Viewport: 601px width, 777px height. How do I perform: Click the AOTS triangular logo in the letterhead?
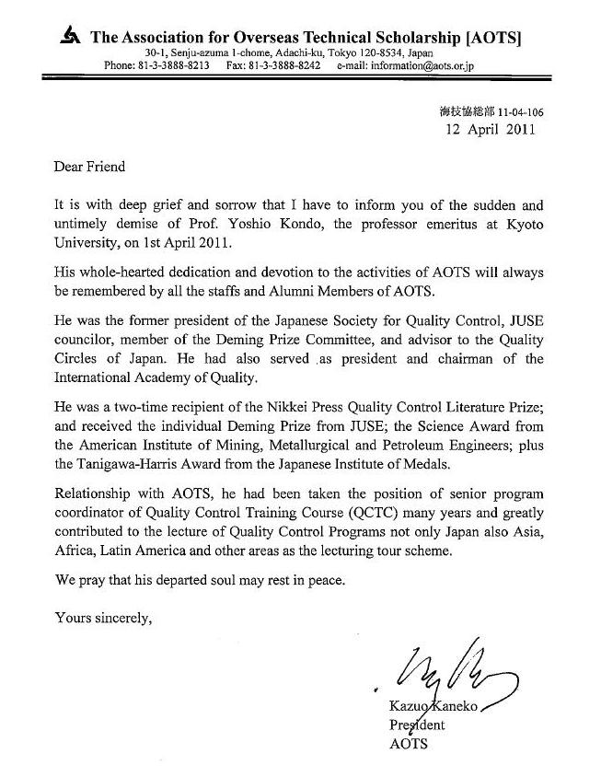68,37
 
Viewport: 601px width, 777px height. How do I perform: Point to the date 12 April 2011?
489,129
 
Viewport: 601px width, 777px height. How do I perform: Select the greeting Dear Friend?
89,168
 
